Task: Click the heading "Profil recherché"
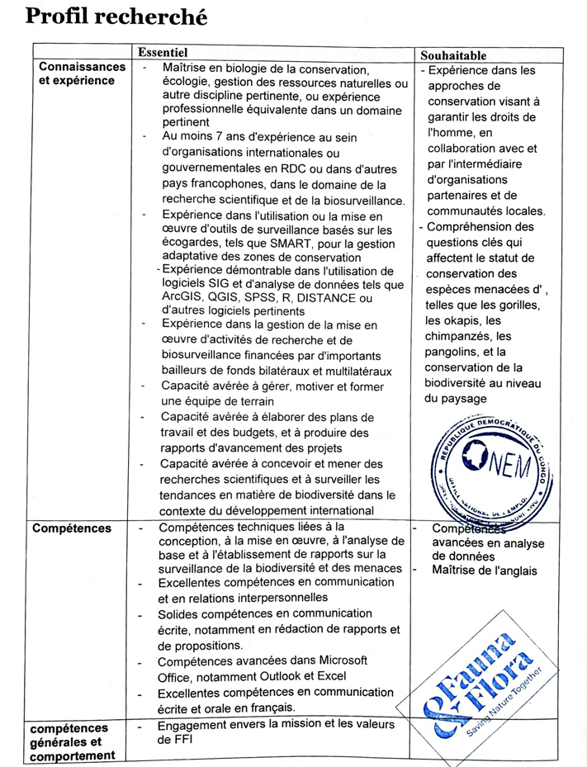[x=116, y=17]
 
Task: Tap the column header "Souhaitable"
[x=453, y=55]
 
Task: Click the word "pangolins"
[x=454, y=353]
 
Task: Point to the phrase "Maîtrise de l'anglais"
[x=484, y=571]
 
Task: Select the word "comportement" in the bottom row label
[x=71, y=755]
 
